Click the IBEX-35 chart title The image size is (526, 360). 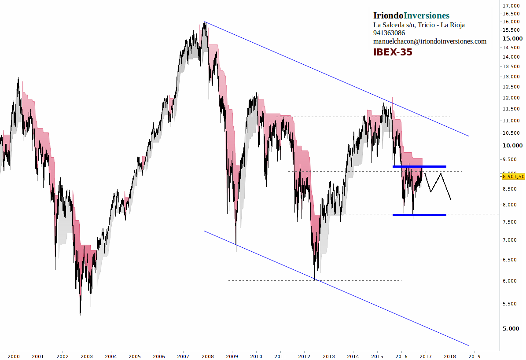tap(393, 52)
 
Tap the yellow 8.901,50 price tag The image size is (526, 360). tap(513, 176)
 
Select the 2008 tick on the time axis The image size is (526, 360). tap(208, 356)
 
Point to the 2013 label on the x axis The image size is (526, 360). tap(329, 356)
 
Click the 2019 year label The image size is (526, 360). tap(474, 356)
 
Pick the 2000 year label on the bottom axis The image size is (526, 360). tap(14, 356)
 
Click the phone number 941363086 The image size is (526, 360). tap(389, 33)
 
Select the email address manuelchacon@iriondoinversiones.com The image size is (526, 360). tap(430, 41)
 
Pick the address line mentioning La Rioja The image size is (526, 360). tap(419, 25)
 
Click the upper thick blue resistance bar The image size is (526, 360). tap(419, 166)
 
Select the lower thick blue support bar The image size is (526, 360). tap(419, 215)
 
